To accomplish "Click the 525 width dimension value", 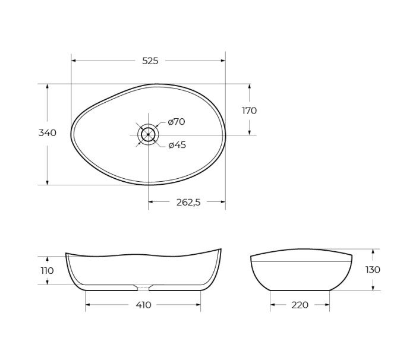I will (x=150, y=61).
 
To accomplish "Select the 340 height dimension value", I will (x=48, y=133).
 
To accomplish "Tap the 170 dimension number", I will (x=249, y=110).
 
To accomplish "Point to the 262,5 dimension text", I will (x=188, y=202).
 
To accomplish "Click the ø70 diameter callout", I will (x=177, y=122).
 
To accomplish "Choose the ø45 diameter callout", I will (x=177, y=145).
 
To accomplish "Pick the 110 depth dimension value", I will (x=47, y=271).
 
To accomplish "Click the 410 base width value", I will (x=143, y=305).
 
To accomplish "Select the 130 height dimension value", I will (x=373, y=270).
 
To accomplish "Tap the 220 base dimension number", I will (x=300, y=305).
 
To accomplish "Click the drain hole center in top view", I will (x=148, y=135).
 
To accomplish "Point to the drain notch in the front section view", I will (x=143, y=288).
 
